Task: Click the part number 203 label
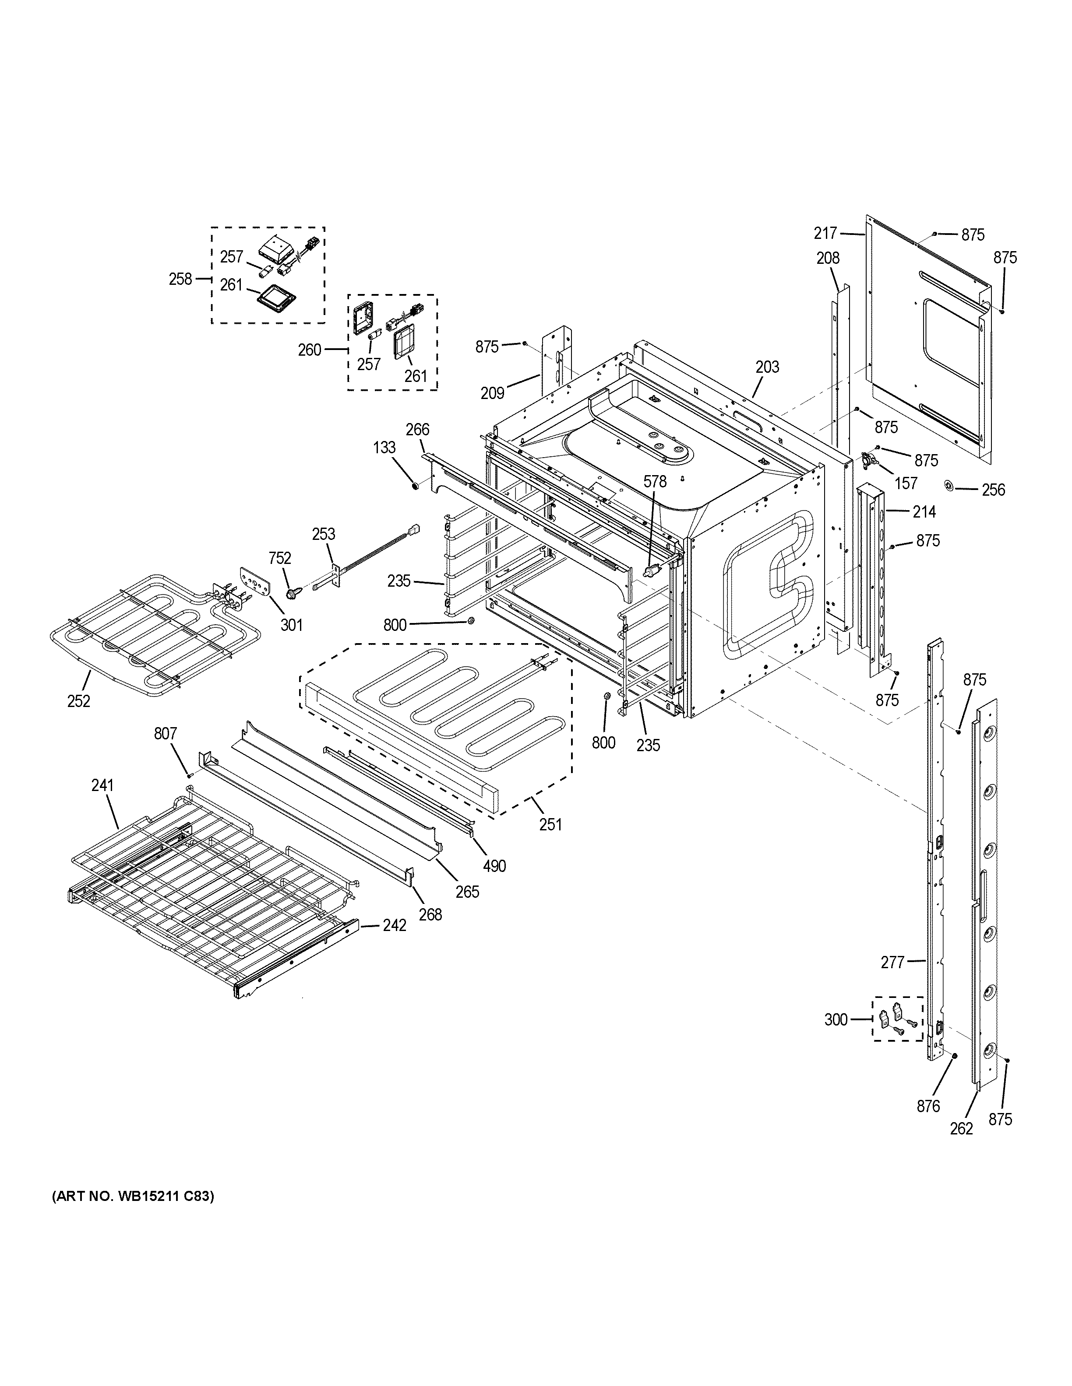point(767,367)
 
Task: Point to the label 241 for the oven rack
point(102,785)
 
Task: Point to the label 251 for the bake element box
point(550,824)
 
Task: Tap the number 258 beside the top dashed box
point(180,279)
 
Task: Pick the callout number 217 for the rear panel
point(825,234)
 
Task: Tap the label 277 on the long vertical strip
point(892,962)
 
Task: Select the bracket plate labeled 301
point(257,579)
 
